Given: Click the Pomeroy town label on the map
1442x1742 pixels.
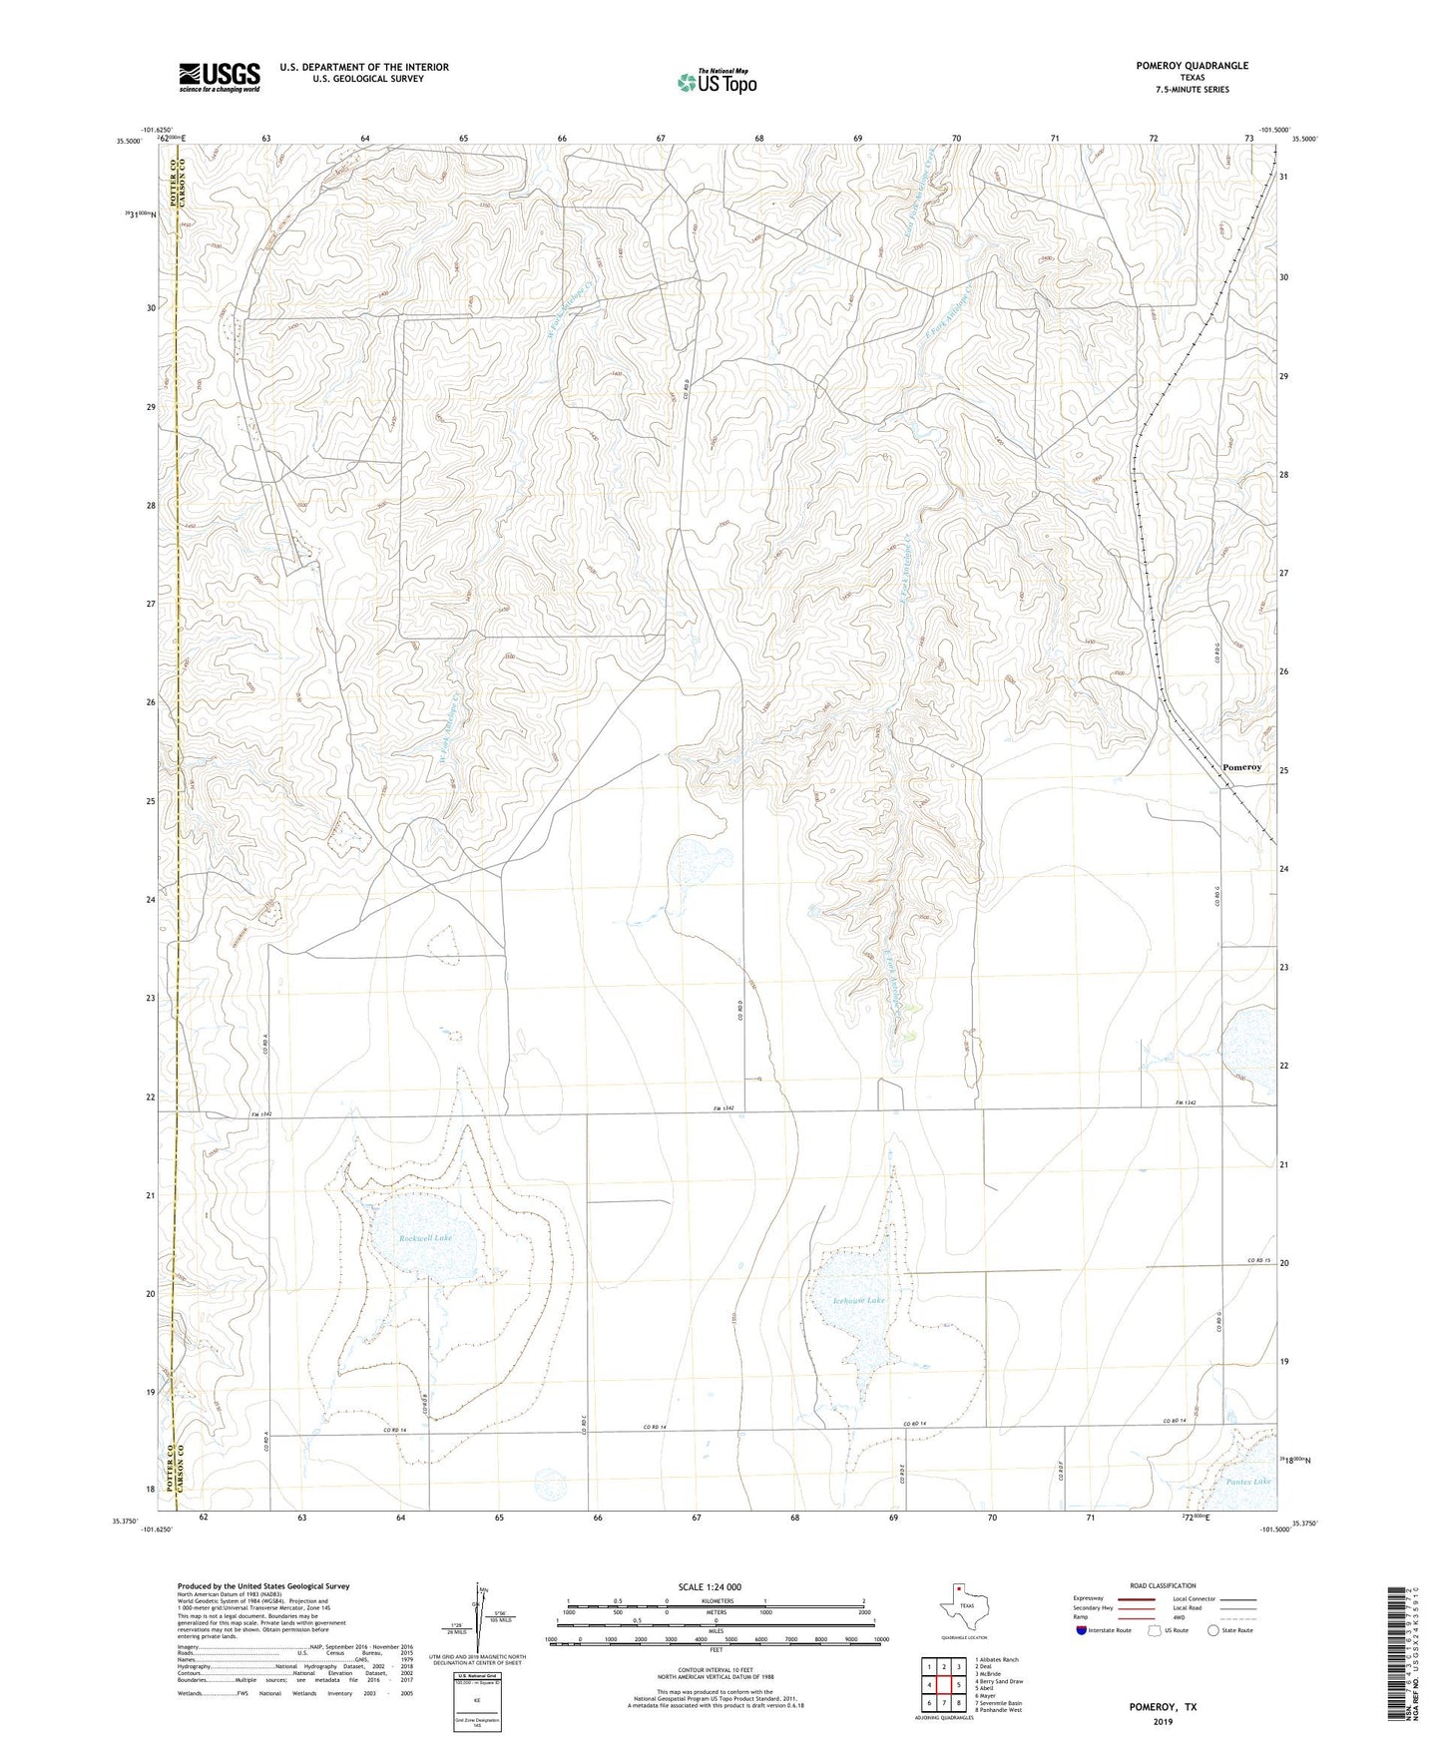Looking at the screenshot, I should [1241, 767].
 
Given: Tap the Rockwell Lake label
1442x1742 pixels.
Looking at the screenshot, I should [426, 1238].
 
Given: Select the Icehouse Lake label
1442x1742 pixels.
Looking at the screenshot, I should [859, 1301].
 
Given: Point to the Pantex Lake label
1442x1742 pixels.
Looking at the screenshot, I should [1248, 1482].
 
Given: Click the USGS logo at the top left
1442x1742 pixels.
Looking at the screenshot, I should [220, 77].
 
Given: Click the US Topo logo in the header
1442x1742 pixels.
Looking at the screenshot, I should [715, 83].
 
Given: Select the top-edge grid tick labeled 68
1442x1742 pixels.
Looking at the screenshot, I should [759, 138].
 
